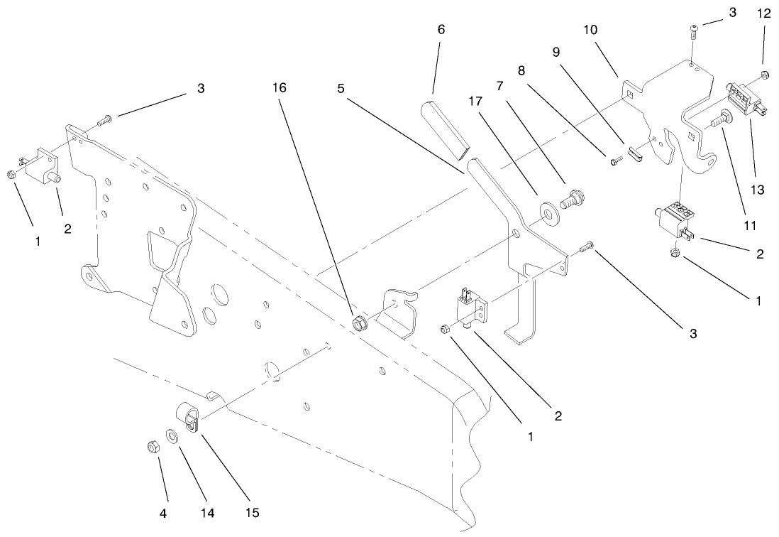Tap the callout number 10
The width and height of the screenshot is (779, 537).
tap(590, 30)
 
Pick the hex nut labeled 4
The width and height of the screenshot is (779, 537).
tap(150, 447)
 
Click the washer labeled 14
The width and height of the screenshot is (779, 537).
tap(172, 435)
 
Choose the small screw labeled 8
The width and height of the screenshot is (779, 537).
tap(615, 162)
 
